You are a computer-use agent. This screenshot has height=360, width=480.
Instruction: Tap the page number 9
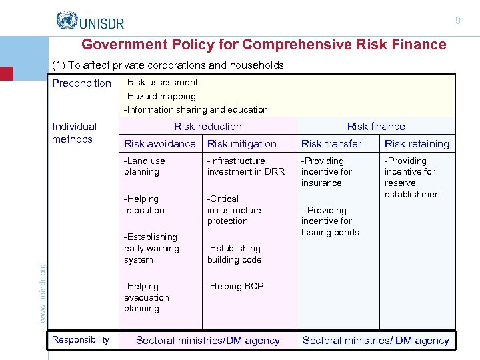(x=457, y=21)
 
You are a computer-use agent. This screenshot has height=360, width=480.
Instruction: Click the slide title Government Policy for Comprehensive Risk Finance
(x=263, y=45)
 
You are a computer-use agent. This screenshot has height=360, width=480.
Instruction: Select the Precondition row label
(x=81, y=83)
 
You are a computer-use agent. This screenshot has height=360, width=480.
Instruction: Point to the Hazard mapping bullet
(x=160, y=96)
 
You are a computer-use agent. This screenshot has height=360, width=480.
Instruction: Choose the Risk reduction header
(x=208, y=127)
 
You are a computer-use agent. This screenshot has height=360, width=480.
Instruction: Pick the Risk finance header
(x=376, y=127)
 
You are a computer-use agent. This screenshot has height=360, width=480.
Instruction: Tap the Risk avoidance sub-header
(x=160, y=144)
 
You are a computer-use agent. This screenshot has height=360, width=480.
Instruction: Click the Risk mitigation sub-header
(x=241, y=144)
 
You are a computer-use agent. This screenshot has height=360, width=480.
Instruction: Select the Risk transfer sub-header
(x=331, y=144)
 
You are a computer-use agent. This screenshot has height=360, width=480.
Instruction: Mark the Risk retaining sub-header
(x=417, y=144)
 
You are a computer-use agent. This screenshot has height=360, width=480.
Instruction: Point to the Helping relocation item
(x=144, y=205)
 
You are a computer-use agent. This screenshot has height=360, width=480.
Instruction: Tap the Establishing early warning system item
(x=151, y=248)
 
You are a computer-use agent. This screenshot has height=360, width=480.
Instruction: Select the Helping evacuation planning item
(x=147, y=297)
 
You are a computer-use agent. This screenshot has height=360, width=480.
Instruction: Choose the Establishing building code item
(x=234, y=254)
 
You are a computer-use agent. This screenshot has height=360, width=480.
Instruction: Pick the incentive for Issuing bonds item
(x=330, y=221)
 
